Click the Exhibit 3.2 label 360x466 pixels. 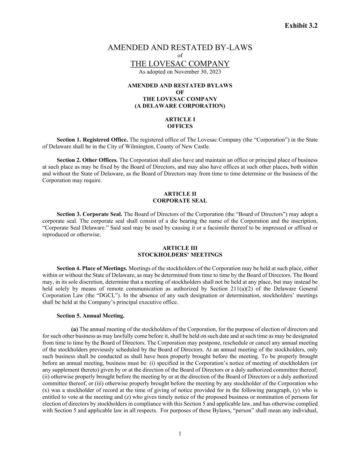coord(301,26)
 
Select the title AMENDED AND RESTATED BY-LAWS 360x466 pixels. coord(180,47)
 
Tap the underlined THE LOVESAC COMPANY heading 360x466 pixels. coord(180,64)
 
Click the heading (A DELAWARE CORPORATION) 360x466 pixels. coord(180,106)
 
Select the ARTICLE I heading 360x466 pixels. coord(180,119)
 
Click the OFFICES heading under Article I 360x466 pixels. coord(180,126)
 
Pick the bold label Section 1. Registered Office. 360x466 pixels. coord(92,140)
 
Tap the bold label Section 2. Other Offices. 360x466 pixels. coord(87,160)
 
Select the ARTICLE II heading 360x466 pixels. coord(180,194)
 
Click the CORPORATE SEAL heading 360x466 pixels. coord(180,201)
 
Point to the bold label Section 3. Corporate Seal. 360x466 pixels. coord(89,214)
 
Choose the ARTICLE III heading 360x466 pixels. coord(180,248)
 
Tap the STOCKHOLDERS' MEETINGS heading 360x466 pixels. coord(180,255)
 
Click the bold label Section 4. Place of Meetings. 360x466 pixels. coord(92,268)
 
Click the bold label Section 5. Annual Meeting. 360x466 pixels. coord(90,316)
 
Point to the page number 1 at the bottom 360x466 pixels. coord(180,434)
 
